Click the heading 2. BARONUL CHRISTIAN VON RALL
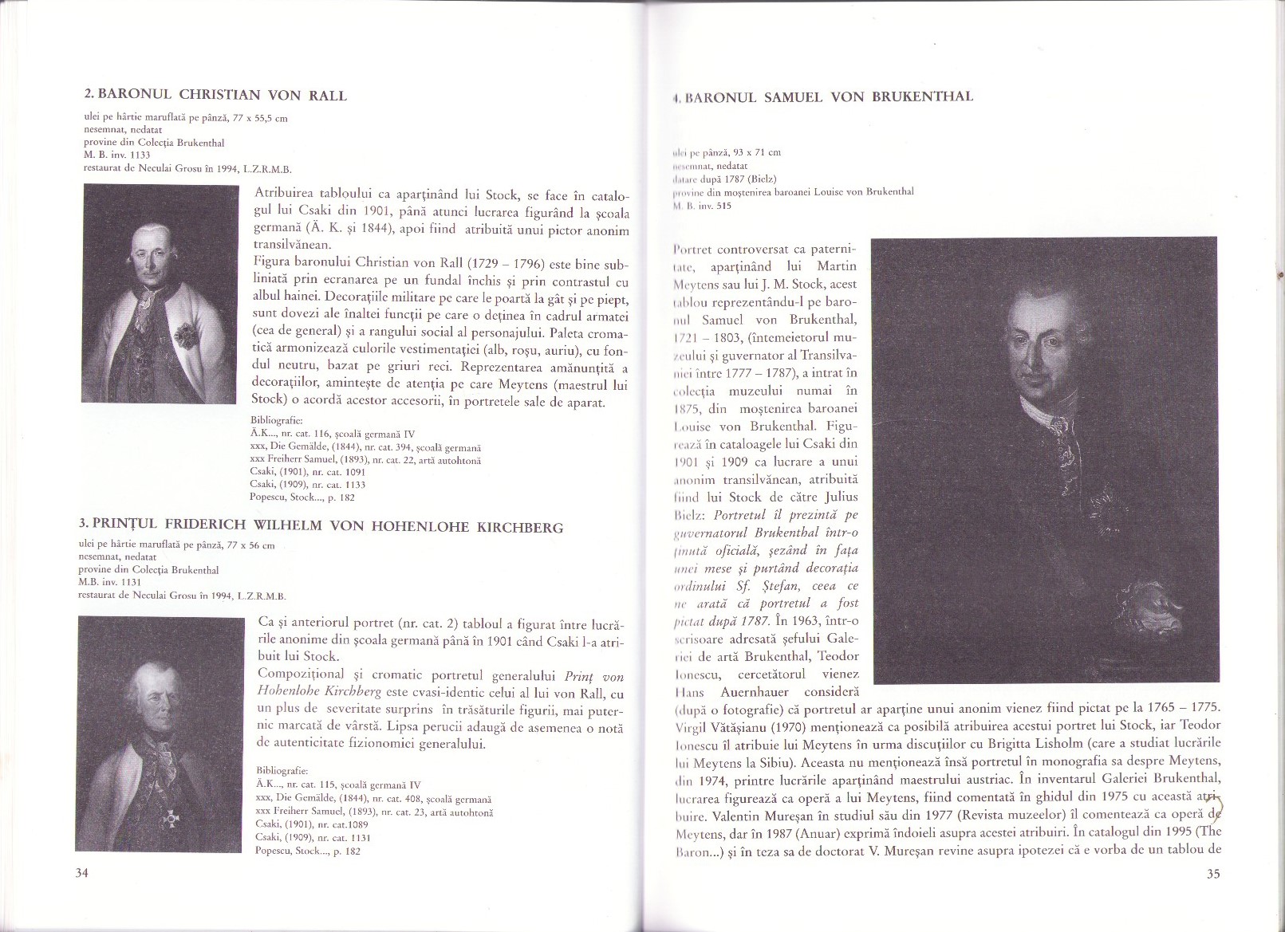point(215,96)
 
